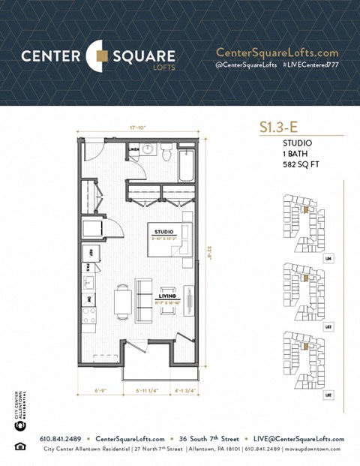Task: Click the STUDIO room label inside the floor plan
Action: pyautogui.click(x=163, y=233)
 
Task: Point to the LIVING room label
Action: pyautogui.click(x=167, y=296)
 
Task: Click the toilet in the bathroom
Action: pyautogui.click(x=166, y=152)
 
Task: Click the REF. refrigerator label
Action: pyautogui.click(x=91, y=252)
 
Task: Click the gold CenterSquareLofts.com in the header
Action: pyautogui.click(x=277, y=53)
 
